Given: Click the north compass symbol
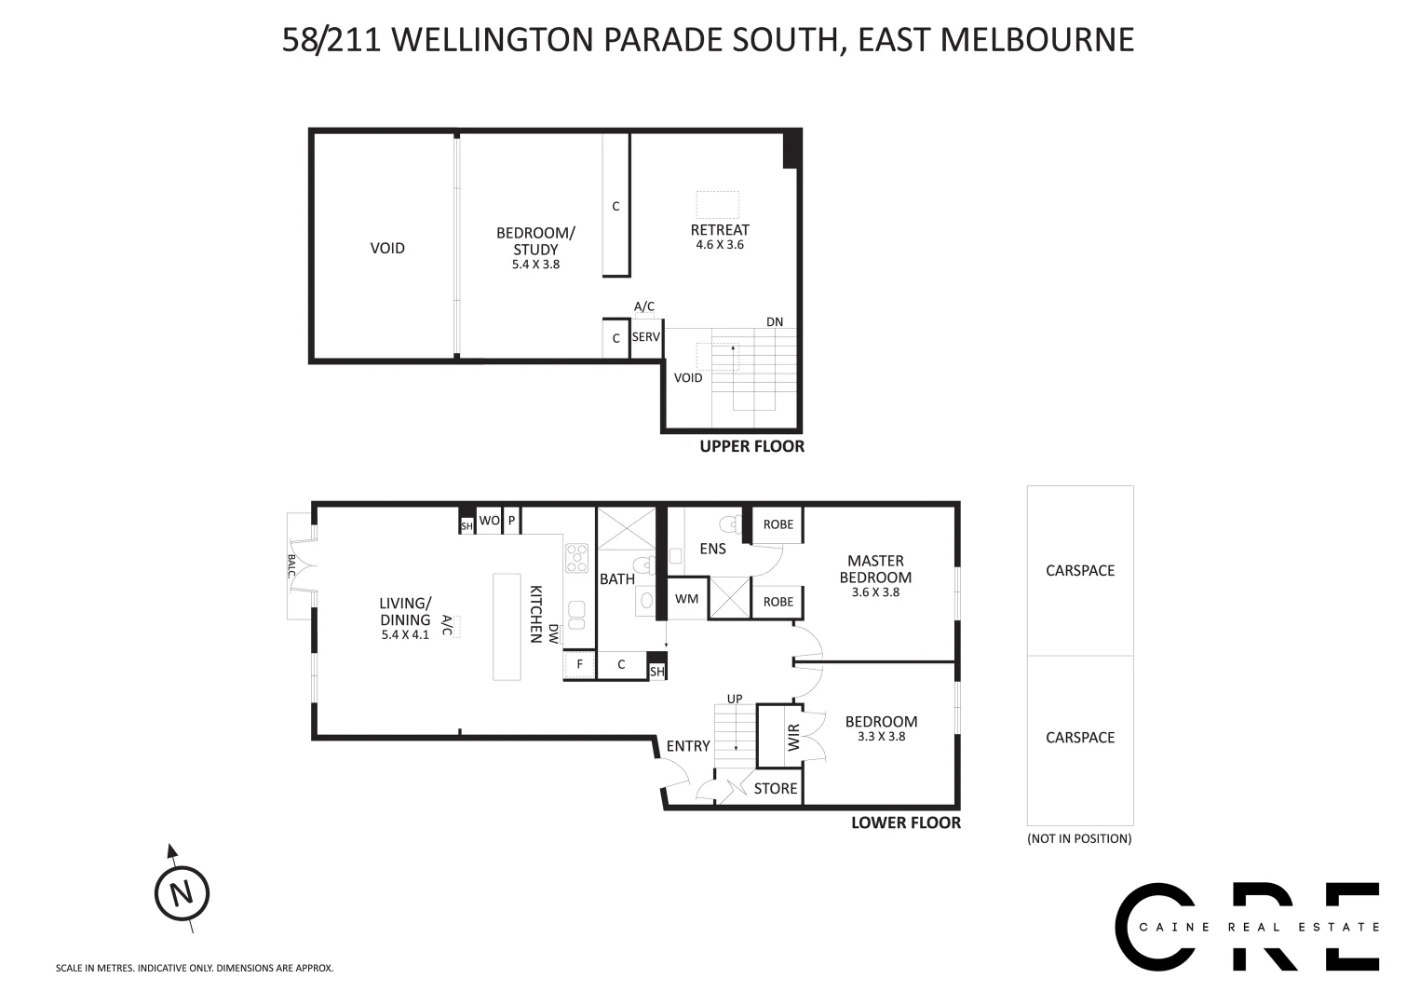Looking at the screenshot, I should [x=182, y=893].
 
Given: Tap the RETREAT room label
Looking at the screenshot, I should [x=720, y=230].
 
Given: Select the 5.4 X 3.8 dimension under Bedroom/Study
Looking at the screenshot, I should [x=535, y=265].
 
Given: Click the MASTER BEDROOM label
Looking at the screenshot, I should [x=875, y=568].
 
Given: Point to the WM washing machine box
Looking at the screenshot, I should [x=686, y=599].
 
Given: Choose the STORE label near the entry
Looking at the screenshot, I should [x=776, y=789].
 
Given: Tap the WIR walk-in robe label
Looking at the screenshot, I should [x=793, y=739].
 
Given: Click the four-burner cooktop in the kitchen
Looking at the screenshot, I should [x=577, y=558].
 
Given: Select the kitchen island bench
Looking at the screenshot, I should [x=507, y=626].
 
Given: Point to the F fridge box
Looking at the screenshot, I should [x=579, y=664].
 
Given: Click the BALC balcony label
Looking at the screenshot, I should [x=291, y=566].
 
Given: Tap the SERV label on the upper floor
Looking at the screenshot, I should [x=645, y=337].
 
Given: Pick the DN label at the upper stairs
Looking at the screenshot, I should [x=775, y=322].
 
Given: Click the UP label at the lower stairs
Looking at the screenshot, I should [x=735, y=699].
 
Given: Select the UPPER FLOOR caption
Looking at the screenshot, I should [x=751, y=446].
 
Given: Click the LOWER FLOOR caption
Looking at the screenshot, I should [x=905, y=823].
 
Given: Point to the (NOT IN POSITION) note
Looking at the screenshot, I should [x=1079, y=838].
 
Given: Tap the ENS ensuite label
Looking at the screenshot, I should [x=712, y=549].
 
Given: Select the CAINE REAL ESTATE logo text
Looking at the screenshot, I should [x=1259, y=927].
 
